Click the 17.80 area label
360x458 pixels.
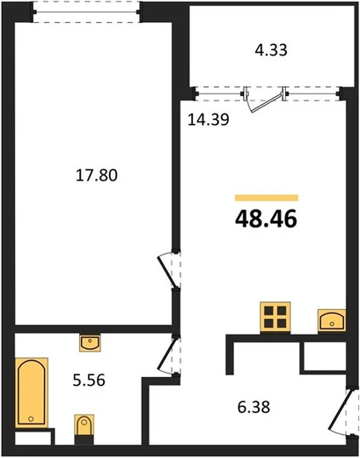coord(97,175)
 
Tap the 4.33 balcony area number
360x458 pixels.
coord(271,50)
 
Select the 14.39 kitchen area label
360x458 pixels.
coord(209,120)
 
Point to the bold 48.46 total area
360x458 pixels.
coord(266,219)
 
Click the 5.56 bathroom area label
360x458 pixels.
coord(89,380)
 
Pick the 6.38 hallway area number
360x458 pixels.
coord(253,408)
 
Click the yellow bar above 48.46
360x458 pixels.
coord(267,198)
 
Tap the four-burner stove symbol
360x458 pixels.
coord(276,318)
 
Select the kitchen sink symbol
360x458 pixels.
coord(332,321)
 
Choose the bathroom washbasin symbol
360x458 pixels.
coord(90,343)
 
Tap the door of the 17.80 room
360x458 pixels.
coord(168,271)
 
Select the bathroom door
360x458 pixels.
coord(168,354)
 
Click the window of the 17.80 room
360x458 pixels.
coord(86,12)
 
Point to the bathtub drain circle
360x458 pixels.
coord(31,418)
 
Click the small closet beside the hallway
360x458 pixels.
coord(325,357)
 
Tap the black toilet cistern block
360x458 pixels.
coord(84,440)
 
